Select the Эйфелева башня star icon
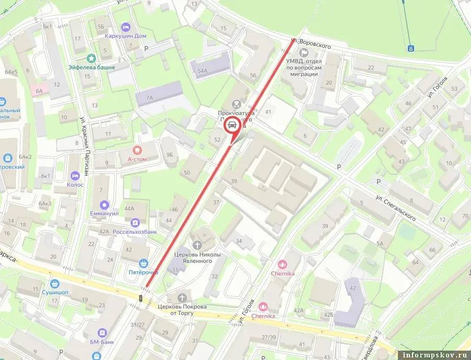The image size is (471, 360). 92,58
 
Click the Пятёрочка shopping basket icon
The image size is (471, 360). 143,263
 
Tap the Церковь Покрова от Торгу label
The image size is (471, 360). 182,310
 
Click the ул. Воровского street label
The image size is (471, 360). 311,43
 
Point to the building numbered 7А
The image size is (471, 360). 149,98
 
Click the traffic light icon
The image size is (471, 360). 140,298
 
